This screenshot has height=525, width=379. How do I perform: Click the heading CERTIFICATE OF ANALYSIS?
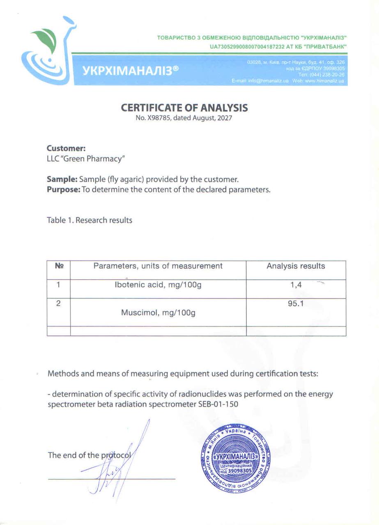pyautogui.click(x=184, y=108)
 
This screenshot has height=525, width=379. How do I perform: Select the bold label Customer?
pyautogui.click(x=66, y=148)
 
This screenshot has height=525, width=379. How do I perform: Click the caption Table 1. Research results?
pyautogui.click(x=90, y=220)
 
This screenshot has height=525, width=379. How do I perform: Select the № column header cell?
pyautogui.click(x=59, y=266)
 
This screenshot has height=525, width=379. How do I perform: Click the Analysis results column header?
pyautogui.click(x=296, y=266)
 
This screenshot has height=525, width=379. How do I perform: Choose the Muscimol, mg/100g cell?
pyautogui.click(x=158, y=313)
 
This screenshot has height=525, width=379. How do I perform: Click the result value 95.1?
pyautogui.click(x=296, y=304)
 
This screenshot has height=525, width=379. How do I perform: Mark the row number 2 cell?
pyautogui.click(x=58, y=304)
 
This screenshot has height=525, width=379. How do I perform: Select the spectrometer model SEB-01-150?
pyautogui.click(x=218, y=404)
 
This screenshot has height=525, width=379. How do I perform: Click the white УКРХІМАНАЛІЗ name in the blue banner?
pyautogui.click(x=131, y=70)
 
